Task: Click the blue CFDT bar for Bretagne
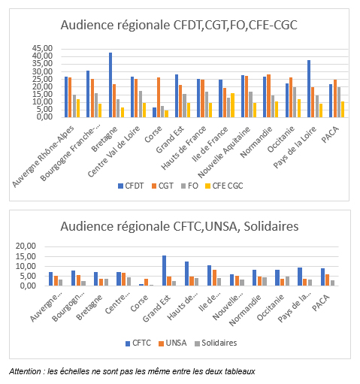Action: pyautogui.click(x=110, y=85)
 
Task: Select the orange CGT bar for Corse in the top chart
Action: pyautogui.click(x=159, y=97)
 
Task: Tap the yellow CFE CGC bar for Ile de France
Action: pyautogui.click(x=232, y=105)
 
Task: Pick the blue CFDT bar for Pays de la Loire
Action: pyautogui.click(x=309, y=89)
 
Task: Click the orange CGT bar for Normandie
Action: pyautogui.click(x=268, y=95)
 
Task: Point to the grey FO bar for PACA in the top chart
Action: pyautogui.click(x=339, y=102)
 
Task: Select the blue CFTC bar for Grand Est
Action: pyautogui.click(x=164, y=271)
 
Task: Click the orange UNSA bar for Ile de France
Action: pyautogui.click(x=214, y=277)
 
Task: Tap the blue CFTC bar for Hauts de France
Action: pyautogui.click(x=186, y=274)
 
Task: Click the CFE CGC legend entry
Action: pyautogui.click(x=224, y=186)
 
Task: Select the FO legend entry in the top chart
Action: pyautogui.click(x=189, y=186)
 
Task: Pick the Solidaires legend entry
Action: pyautogui.click(x=216, y=343)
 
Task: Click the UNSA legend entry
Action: pyautogui.click(x=173, y=343)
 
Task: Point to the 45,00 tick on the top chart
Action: pyautogui.click(x=42, y=48)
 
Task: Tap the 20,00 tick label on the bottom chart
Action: pyautogui.click(x=26, y=246)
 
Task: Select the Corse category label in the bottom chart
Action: pyautogui.click(x=139, y=304)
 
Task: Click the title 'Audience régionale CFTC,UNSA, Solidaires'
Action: pyautogui.click(x=180, y=226)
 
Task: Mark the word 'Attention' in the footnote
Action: pyautogui.click(x=25, y=371)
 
